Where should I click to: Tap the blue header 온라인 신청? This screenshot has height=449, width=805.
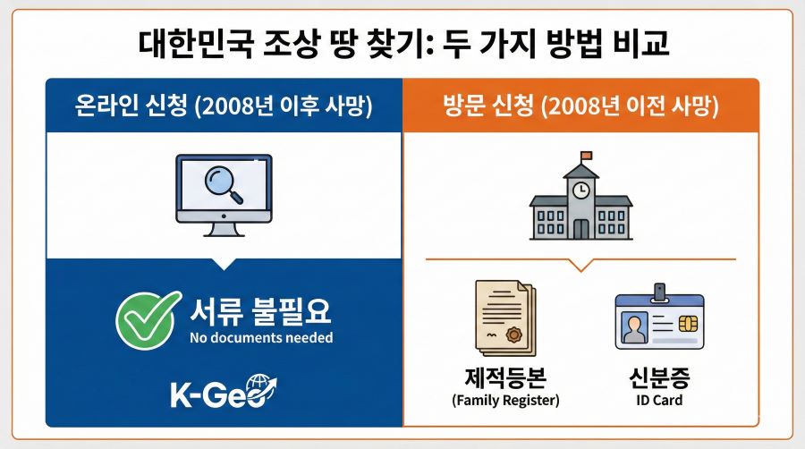tap(224, 107)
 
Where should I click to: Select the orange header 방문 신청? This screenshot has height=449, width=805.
tap(581, 107)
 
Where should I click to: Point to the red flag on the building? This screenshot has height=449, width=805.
tap(587, 157)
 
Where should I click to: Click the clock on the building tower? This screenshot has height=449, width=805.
tap(581, 189)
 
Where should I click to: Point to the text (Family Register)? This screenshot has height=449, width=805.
tap(504, 400)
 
